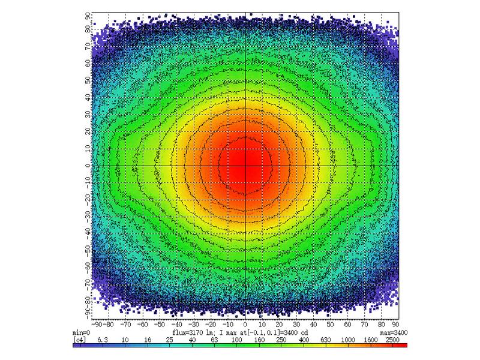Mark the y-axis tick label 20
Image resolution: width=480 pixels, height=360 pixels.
tap(88, 131)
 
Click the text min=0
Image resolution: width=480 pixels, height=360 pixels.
tap(81, 332)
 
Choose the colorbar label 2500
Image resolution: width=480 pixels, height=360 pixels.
tap(392, 339)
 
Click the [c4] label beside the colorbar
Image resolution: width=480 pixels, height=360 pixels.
tap(79, 339)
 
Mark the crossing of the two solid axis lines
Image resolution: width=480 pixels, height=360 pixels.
tap(245, 165)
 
